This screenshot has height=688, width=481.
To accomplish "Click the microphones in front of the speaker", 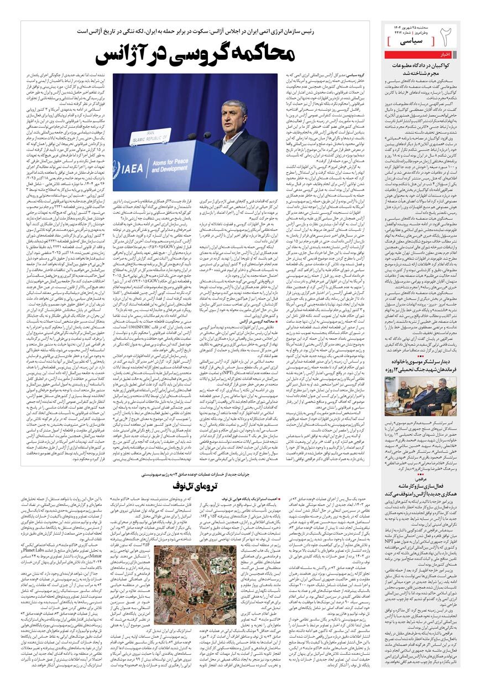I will [x=199, y=136].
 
